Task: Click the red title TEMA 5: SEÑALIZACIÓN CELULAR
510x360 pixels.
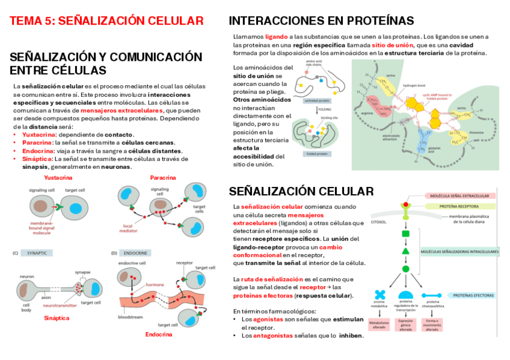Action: click(106, 21)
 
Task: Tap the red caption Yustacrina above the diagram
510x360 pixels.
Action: click(58, 178)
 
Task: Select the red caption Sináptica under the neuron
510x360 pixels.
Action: click(57, 318)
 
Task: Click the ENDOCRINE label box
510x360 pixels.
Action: click(137, 253)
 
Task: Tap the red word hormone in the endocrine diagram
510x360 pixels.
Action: click(155, 284)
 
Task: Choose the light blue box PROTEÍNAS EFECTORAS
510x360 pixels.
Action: click(473, 295)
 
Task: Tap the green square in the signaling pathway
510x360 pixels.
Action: click(405, 233)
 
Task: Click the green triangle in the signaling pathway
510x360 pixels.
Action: click(405, 251)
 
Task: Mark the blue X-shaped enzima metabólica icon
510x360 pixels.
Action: click(379, 294)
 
